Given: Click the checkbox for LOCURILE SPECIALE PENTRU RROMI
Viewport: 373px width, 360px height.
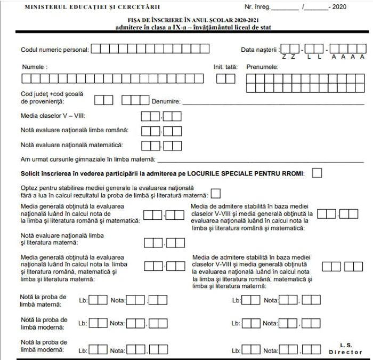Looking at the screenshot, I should (x=318, y=173).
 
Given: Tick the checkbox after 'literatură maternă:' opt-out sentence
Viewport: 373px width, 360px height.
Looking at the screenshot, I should (x=216, y=194).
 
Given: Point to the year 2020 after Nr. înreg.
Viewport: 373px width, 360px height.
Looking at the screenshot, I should (x=339, y=7).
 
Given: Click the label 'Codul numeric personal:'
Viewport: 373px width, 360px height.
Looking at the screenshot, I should (x=55, y=50).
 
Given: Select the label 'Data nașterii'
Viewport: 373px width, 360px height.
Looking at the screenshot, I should (x=260, y=50).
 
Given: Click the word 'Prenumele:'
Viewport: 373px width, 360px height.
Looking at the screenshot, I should (x=262, y=67).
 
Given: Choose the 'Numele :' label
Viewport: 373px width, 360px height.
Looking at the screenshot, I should (x=34, y=67).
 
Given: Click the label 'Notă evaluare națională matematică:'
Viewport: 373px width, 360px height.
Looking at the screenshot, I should (x=72, y=145).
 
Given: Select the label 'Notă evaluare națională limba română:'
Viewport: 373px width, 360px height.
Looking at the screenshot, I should (x=74, y=130).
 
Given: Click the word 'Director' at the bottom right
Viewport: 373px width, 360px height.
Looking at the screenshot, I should (x=345, y=353).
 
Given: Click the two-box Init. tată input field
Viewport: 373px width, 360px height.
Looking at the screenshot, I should (x=225, y=79).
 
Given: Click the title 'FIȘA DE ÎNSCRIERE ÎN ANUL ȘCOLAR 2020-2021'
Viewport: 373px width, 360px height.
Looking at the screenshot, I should (x=186, y=20).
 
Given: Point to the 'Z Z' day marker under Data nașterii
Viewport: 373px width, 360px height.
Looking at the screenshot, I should (x=289, y=57).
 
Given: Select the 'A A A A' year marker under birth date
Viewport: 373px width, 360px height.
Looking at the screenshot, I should (x=347, y=57).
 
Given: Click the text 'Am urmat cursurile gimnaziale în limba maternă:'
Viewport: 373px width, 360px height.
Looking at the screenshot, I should (x=88, y=159).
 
